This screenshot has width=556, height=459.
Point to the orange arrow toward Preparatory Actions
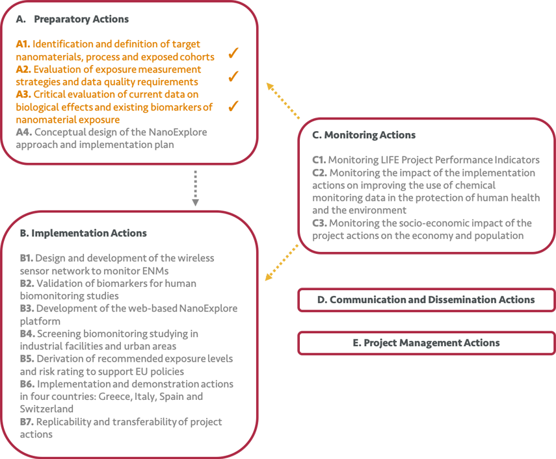[282, 101]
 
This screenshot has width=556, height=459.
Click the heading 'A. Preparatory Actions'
[72, 19]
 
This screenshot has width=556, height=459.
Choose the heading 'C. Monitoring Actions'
[364, 135]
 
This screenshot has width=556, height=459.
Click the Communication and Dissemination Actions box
[426, 300]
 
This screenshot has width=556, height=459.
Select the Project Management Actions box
[426, 343]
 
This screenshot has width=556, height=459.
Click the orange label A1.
[23, 45]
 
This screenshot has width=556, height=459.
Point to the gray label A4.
[23, 132]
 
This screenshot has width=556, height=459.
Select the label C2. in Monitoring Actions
[320, 173]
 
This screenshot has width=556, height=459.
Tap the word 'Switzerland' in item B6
[46, 409]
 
